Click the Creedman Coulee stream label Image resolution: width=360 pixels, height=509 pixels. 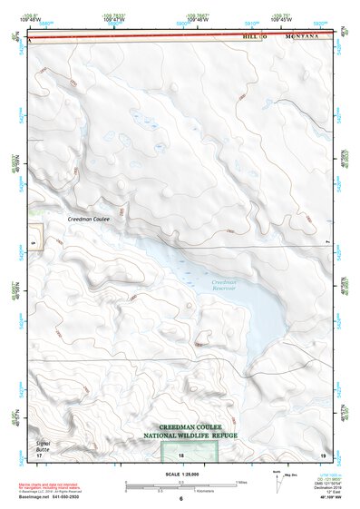point(88,220)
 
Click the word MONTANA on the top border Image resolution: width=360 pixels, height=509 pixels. point(303,36)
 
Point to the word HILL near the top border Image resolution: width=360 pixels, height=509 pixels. point(250,36)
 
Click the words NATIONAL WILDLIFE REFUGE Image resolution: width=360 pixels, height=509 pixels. point(186,436)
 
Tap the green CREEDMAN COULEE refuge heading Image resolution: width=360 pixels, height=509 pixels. point(187,426)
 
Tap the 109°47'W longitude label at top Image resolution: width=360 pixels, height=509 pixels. point(115,19)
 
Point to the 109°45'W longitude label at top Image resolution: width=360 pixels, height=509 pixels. point(280,19)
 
